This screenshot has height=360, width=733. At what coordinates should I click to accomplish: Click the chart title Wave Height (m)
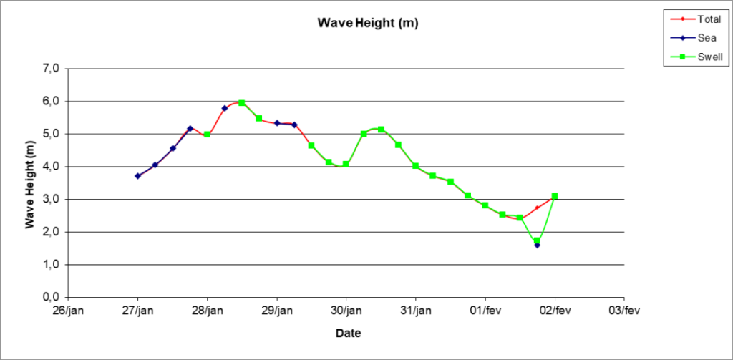pos(368,23)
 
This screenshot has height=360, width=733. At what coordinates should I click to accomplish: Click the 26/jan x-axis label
pos(68,311)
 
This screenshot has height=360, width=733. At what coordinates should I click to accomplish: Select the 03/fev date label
pos(624,311)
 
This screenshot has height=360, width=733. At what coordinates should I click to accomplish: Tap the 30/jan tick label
pos(346,311)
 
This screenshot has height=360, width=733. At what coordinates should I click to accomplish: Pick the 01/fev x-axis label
pos(485,311)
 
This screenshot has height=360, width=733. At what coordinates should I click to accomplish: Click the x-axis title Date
pos(348,334)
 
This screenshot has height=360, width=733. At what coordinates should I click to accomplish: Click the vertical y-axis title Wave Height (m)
pos(30,183)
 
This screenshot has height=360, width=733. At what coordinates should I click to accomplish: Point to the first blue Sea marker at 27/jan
pos(137,176)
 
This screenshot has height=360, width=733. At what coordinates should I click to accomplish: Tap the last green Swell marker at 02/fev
pos(555,196)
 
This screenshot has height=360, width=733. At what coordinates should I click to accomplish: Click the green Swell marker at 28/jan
pos(207,135)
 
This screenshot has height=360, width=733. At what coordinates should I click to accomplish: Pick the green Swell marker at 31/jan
pos(415,166)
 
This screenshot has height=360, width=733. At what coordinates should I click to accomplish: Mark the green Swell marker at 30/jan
pos(346,165)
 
